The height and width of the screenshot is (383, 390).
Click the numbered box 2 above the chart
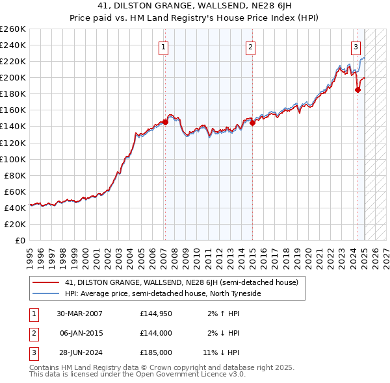[250, 47]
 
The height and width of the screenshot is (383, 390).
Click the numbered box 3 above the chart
[356, 47]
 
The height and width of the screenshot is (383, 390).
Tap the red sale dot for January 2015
[252, 123]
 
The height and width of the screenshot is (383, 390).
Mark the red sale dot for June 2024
[357, 90]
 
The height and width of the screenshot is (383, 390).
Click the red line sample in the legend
[46, 283]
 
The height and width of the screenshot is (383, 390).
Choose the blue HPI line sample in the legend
[46, 293]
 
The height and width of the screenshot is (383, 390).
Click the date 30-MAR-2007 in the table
[80, 314]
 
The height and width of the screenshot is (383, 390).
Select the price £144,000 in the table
[155, 333]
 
